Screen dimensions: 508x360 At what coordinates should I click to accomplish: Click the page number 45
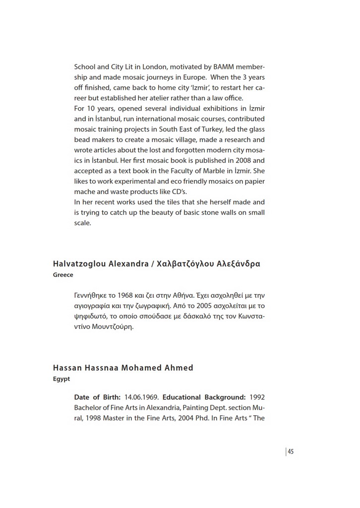291,451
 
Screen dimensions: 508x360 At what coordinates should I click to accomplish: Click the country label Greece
63,275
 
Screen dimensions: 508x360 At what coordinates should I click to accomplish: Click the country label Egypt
61,379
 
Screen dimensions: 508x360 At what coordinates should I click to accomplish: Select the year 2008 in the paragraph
228,160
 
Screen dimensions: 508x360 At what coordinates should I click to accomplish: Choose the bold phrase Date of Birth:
97,397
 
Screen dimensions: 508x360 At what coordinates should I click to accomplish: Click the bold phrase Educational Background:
204,397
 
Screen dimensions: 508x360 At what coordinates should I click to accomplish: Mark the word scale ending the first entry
82,223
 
